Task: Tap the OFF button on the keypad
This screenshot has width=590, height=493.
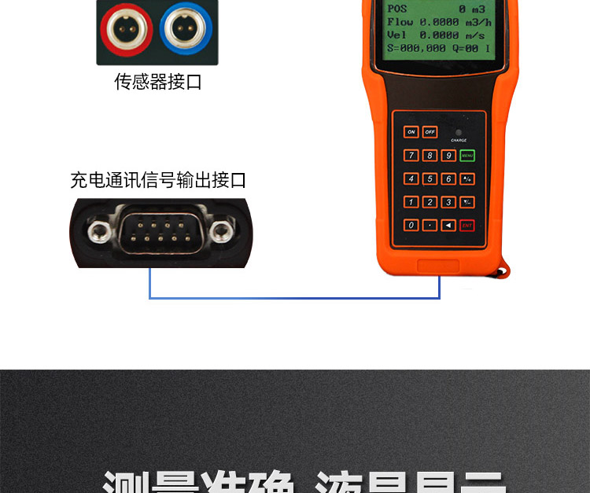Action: pos(430,132)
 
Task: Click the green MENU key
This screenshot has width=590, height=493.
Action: pos(467,155)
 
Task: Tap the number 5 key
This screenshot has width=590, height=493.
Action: pos(430,178)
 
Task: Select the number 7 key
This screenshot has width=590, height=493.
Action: pos(411,155)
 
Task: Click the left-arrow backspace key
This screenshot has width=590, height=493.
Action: pos(448,225)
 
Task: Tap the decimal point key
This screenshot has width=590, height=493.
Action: pos(430,225)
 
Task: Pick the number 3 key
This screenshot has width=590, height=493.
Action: pos(448,202)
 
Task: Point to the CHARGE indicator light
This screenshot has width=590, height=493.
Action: pos(459,132)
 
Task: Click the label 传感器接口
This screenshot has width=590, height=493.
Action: pos(158,82)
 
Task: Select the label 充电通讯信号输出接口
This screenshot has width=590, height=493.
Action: pos(158,180)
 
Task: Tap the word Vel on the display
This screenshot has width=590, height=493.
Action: pos(396,35)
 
